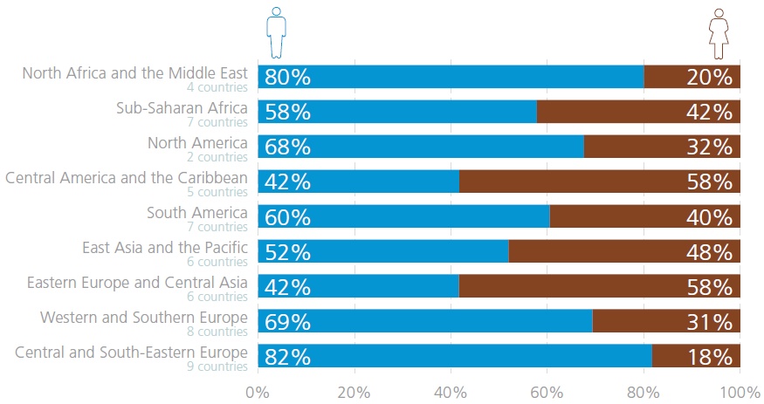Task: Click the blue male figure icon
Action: point(277,33)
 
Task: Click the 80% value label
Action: point(288,77)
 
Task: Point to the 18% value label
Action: point(708,356)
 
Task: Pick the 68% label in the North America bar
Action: point(288,147)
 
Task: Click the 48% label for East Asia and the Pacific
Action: point(708,251)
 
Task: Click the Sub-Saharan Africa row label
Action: point(182,108)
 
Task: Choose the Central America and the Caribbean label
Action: point(127,178)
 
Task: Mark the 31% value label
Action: point(708,321)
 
